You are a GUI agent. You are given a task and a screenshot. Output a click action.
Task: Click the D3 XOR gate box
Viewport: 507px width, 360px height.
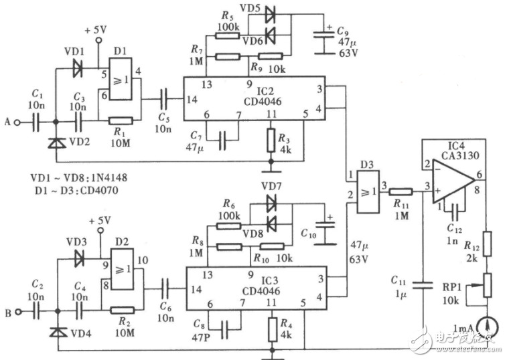(x=367, y=191)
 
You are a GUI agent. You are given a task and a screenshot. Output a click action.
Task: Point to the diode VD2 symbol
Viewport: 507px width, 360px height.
(x=56, y=143)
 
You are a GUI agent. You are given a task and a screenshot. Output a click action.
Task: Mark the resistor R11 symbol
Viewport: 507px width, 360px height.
(x=403, y=191)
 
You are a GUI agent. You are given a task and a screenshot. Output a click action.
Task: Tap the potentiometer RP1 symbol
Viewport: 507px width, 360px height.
(x=488, y=286)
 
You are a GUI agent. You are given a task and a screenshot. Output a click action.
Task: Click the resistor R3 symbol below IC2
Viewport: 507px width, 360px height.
(x=271, y=140)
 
